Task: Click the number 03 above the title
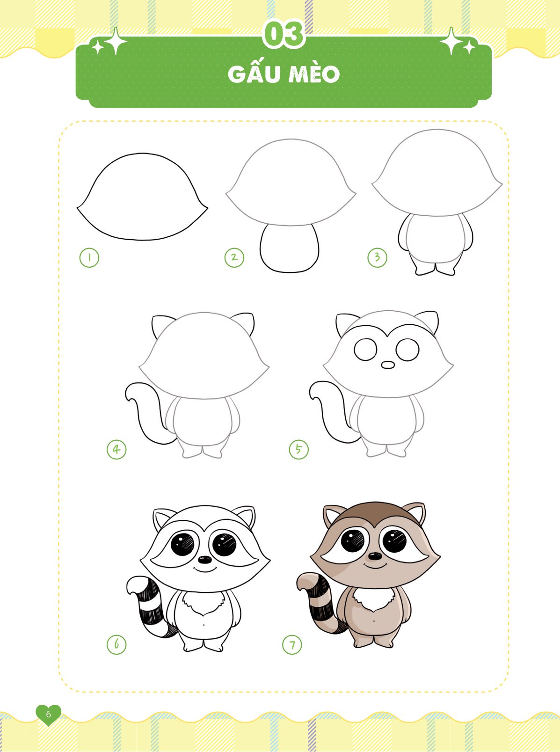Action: click(x=284, y=34)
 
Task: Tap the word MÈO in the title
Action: click(x=314, y=74)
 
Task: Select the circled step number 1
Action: click(x=89, y=257)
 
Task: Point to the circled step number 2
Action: click(x=234, y=257)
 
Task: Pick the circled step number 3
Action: click(x=377, y=257)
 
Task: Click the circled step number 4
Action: click(x=116, y=450)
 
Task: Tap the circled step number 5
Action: click(x=298, y=449)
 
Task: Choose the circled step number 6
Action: click(x=116, y=644)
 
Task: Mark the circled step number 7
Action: click(x=292, y=644)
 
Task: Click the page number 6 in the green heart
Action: click(x=49, y=715)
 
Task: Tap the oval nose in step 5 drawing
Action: click(x=388, y=365)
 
